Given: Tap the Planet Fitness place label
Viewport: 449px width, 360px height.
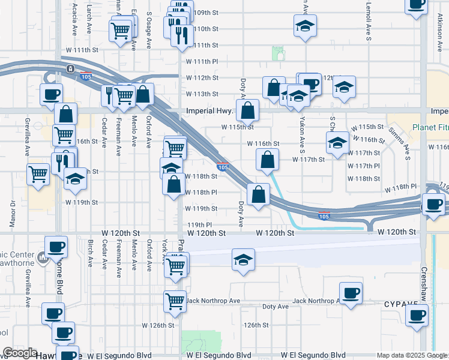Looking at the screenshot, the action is click(x=430, y=127).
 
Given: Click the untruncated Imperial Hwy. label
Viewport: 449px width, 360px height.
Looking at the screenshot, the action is click(x=208, y=110).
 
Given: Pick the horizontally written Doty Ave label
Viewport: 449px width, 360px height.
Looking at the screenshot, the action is click(x=276, y=307).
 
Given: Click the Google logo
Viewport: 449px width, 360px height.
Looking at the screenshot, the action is click(x=20, y=352).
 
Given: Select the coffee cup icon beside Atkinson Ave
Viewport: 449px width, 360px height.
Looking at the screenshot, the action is click(x=416, y=5).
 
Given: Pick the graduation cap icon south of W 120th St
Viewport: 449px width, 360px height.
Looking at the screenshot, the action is click(x=243, y=260).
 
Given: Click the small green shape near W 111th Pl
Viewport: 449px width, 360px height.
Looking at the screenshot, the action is click(x=278, y=54).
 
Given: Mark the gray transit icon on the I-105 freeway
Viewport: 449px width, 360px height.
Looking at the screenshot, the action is click(x=71, y=69).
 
